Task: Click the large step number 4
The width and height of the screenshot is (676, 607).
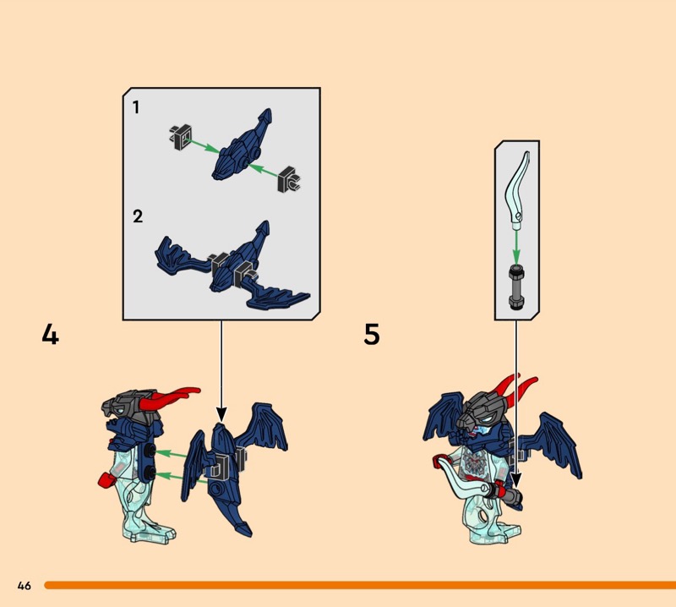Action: point(50,334)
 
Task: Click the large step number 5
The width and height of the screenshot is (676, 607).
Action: point(372,334)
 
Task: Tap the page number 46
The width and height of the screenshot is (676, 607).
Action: point(25,585)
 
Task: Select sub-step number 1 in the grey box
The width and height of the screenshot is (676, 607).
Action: point(136,107)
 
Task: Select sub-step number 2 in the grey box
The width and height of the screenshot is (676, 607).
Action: point(138,216)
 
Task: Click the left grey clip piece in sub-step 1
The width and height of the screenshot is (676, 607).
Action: point(181,137)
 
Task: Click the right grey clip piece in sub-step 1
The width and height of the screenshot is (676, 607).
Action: point(289,179)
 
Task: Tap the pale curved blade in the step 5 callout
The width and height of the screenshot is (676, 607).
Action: point(517,188)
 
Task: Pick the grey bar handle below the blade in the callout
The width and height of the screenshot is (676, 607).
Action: point(516,287)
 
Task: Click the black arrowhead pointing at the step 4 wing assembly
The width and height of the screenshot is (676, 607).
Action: point(221,415)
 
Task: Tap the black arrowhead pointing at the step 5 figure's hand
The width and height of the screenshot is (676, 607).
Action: point(516,479)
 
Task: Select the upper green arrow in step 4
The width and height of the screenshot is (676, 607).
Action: point(171,453)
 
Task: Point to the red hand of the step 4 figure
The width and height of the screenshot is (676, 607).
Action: point(106,479)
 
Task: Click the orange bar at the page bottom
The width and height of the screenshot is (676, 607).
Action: point(360,585)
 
